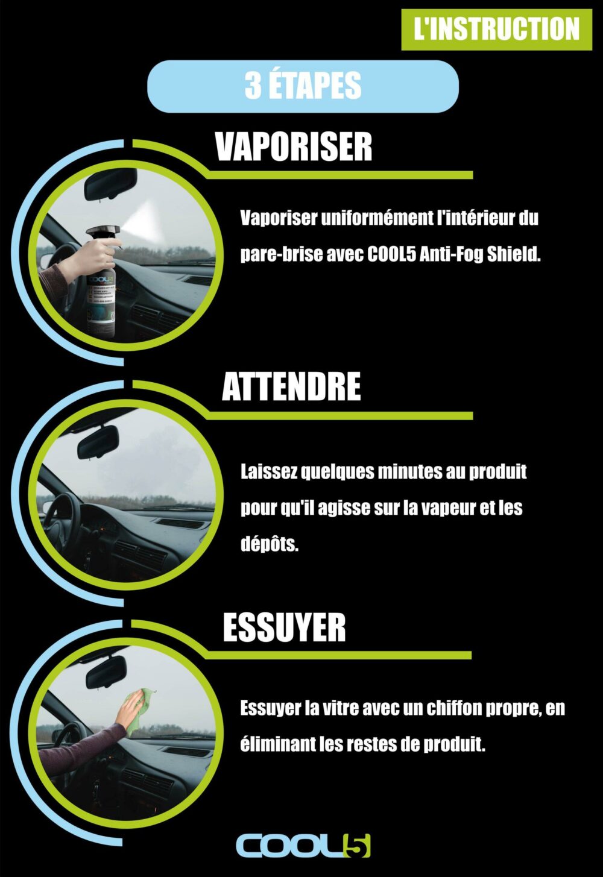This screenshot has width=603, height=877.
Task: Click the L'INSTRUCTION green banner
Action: [x=496, y=30]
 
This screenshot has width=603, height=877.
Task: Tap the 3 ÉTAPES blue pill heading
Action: [x=303, y=86]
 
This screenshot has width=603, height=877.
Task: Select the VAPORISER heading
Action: [x=293, y=147]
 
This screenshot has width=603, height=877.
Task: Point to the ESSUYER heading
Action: [x=284, y=627]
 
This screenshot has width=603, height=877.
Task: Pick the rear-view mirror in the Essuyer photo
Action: [x=106, y=671]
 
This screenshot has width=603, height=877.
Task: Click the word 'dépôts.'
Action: [x=270, y=544]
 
